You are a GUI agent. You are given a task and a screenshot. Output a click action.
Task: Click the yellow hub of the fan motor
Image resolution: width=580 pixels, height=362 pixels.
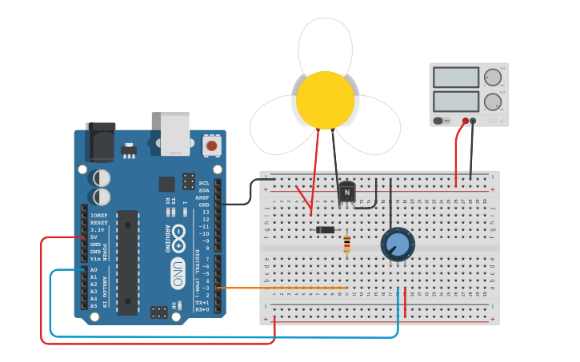(x=325, y=100)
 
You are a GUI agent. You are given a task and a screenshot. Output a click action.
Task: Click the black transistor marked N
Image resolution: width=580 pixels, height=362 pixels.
(x=346, y=192)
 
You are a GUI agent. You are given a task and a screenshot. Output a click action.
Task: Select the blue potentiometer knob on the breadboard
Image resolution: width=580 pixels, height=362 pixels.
(x=397, y=244)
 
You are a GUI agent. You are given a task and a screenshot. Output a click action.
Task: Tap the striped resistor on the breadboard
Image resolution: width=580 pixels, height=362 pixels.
(x=346, y=244)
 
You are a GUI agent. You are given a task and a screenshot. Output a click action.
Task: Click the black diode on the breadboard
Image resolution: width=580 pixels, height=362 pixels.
(x=325, y=230)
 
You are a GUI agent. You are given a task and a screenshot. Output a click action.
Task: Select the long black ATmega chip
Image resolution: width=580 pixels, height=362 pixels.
(x=127, y=262)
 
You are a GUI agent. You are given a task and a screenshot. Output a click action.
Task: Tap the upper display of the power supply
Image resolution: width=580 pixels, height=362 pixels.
(x=456, y=78)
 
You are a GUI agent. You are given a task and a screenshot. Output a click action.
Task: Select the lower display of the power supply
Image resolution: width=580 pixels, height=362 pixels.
(x=456, y=101)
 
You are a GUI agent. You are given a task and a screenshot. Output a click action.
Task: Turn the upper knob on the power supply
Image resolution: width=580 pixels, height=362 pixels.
(x=492, y=78)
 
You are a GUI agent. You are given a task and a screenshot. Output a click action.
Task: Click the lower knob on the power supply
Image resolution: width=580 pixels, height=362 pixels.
(x=492, y=101)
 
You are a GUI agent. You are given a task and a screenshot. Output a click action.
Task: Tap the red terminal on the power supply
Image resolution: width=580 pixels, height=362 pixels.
(x=466, y=121)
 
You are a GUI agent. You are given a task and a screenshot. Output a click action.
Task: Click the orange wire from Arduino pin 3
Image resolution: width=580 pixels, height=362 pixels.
(x=280, y=288)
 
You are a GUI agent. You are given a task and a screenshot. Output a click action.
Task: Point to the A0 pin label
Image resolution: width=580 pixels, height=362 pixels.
(x=94, y=270)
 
